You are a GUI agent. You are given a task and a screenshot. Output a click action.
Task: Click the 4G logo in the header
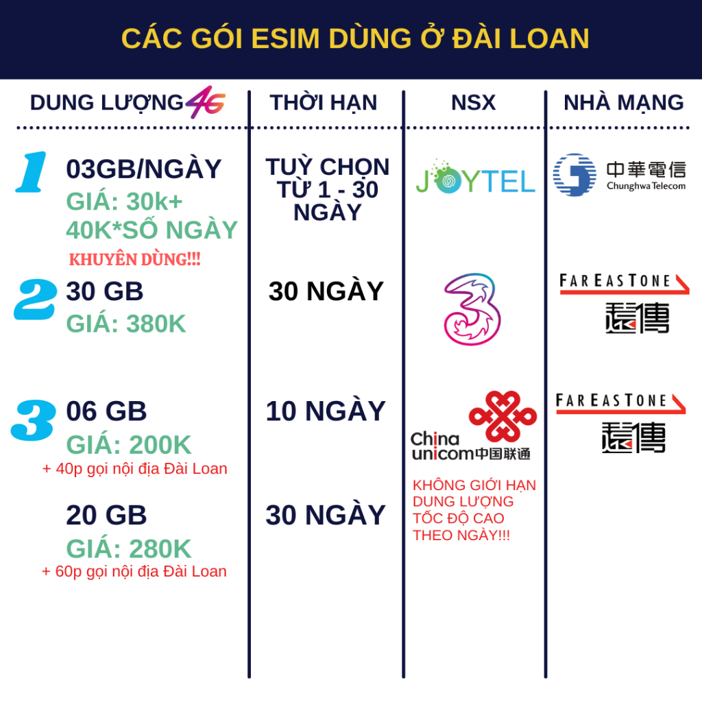206,102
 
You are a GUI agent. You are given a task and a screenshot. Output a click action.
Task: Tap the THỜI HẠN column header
324,103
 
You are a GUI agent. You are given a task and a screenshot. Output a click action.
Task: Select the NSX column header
473,103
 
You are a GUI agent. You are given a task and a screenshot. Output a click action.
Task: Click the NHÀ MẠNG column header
624,102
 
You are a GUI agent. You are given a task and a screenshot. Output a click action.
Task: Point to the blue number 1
32,172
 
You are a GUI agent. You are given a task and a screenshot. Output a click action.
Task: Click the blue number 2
36,300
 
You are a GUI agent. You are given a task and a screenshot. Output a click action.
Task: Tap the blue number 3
34,420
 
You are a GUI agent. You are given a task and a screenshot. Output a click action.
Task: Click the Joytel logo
475,178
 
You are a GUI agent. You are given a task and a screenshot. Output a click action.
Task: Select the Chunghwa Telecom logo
619,175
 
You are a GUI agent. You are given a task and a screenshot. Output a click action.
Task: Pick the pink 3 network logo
472,309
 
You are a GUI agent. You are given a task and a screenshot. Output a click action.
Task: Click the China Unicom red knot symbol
503,416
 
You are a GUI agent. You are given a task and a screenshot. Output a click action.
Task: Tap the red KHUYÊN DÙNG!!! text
135,260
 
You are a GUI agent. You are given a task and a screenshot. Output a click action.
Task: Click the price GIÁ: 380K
126,324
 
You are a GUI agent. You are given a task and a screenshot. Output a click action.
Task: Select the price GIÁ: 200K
129,444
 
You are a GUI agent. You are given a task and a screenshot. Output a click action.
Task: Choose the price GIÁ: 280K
129,549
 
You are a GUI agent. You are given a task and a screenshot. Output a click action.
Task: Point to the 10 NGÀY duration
326,411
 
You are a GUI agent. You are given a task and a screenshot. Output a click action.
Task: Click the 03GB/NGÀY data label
144,169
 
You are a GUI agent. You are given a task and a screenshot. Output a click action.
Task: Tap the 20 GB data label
106,515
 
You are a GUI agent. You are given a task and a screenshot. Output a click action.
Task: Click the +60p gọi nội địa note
134,572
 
